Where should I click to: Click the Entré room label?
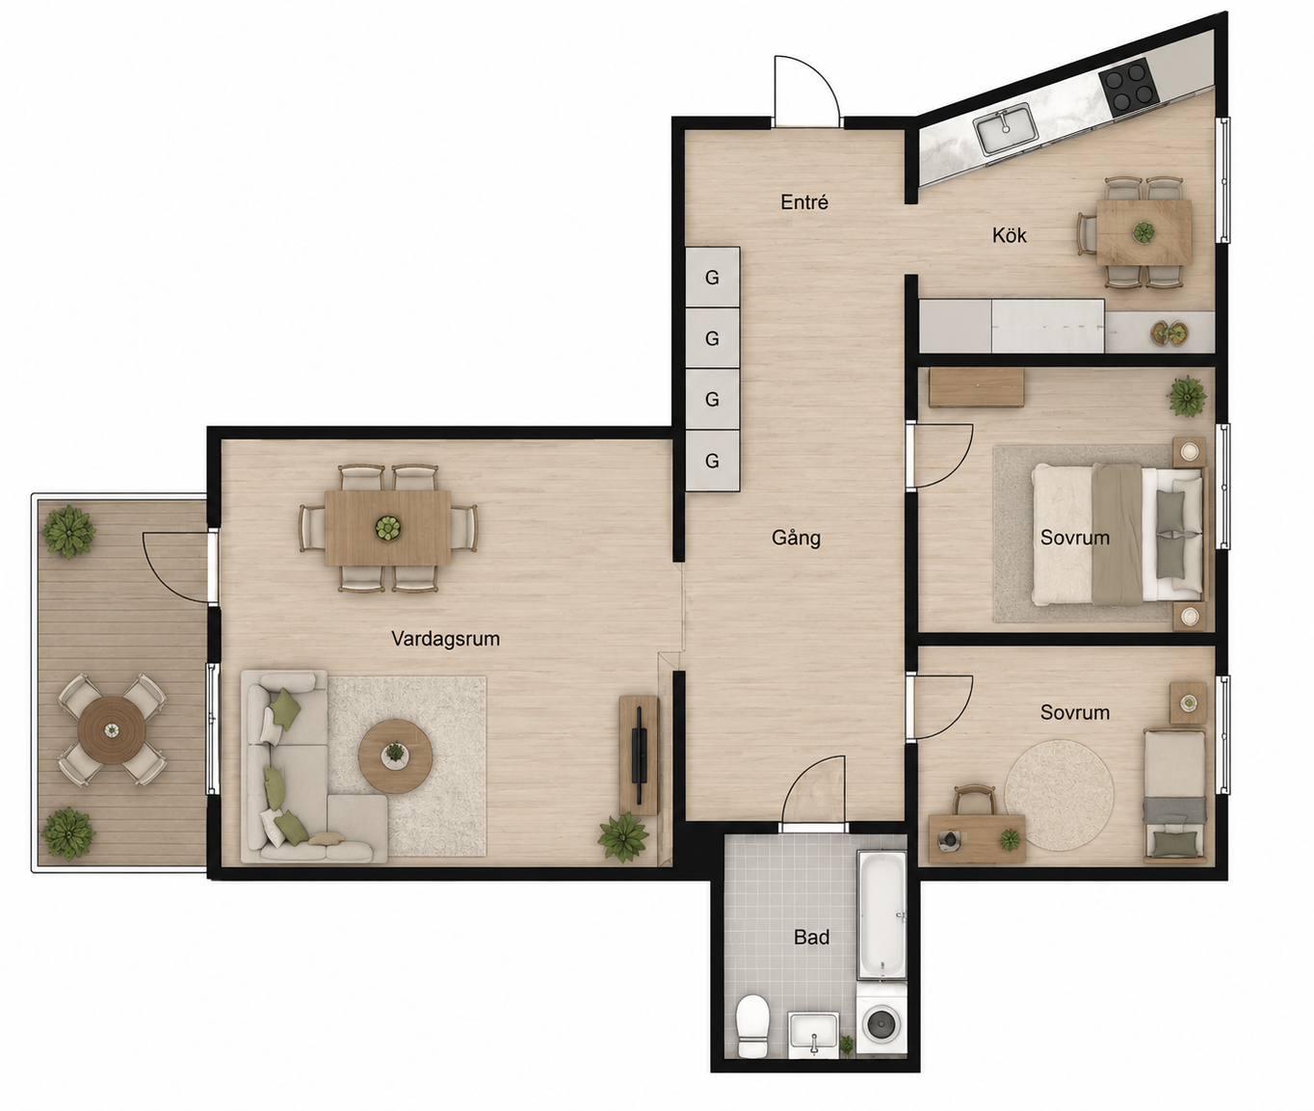804,202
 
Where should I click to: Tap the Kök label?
1010,235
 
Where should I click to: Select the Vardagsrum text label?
445,639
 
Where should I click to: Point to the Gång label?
796,538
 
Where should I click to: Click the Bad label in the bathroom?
812,938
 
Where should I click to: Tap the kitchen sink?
1008,130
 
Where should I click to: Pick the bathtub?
881,914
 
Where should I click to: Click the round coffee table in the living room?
395,756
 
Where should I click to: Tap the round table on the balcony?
112,731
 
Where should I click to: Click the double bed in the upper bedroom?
1117,534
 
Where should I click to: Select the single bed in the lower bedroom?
1174,796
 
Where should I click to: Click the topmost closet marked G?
712,278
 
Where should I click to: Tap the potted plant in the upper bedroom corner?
1186,396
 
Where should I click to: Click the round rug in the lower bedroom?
1059,796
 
